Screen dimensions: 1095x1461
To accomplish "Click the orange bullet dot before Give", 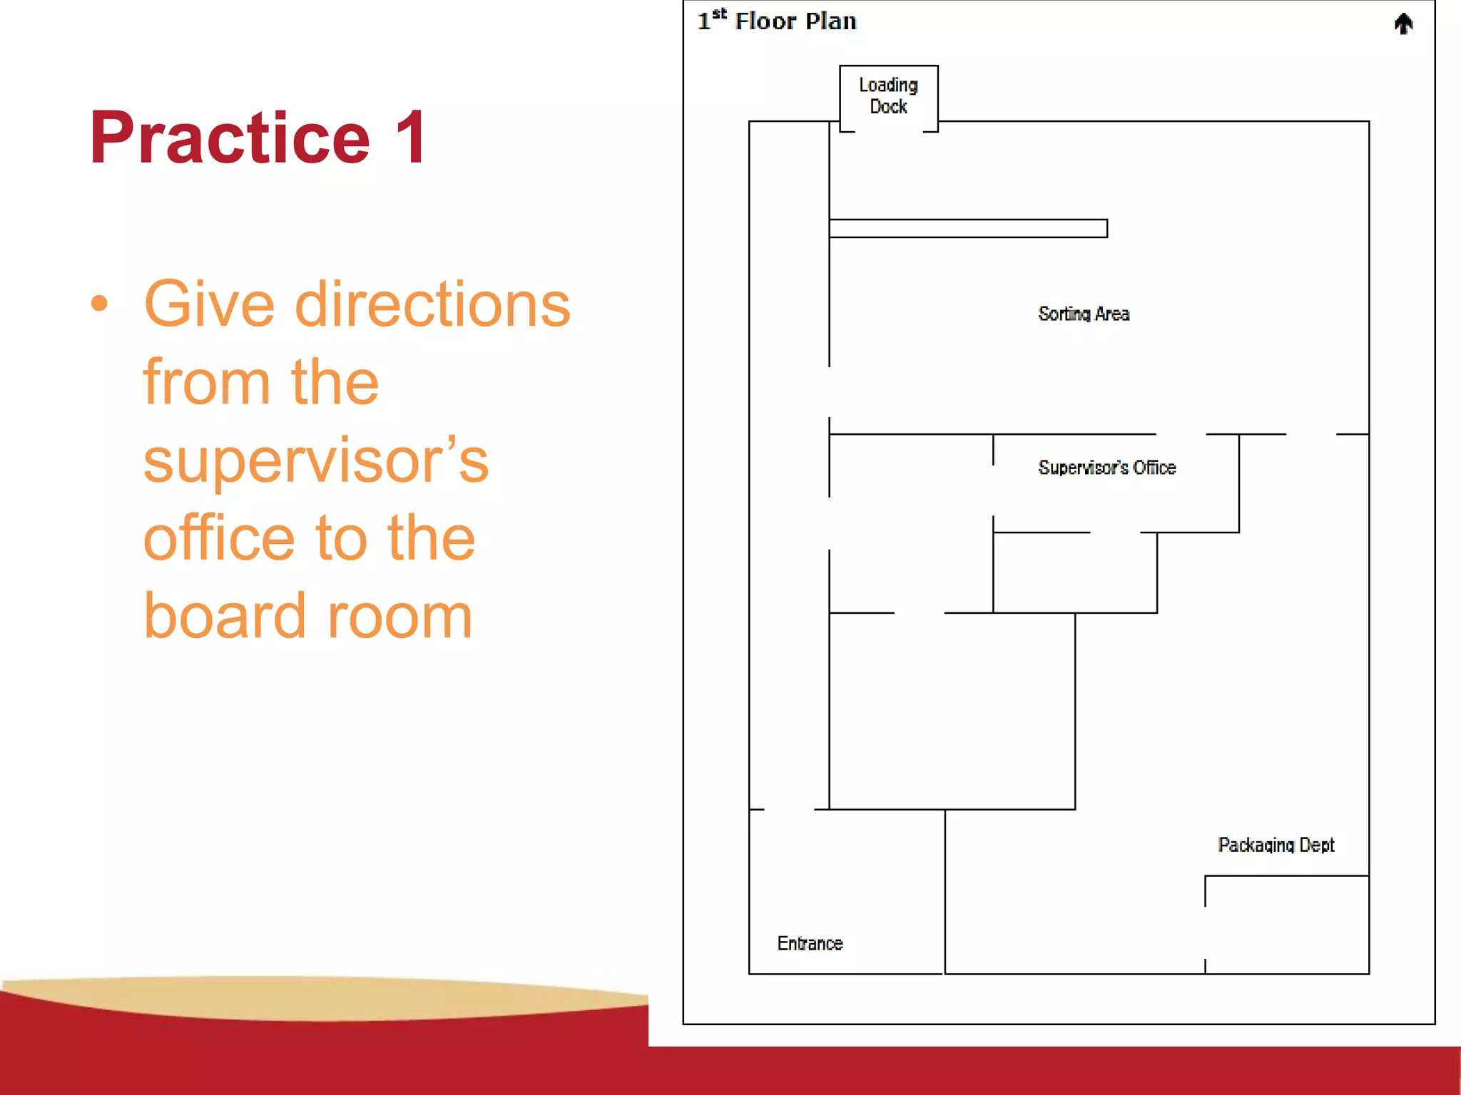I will coord(100,304).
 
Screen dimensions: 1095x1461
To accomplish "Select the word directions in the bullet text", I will coord(432,305).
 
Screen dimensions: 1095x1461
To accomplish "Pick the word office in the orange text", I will coord(219,538).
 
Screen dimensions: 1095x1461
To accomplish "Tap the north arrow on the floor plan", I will coord(1403,24).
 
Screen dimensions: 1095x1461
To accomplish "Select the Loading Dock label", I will coord(888,96).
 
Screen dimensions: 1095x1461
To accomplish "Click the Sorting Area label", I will coord(1084,314).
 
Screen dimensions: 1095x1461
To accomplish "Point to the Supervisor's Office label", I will coord(1106,468).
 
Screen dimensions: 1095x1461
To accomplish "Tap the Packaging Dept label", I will coord(1276,845).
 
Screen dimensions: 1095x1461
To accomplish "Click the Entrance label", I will coord(810,943).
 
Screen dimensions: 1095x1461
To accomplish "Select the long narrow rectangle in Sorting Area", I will coord(968,228).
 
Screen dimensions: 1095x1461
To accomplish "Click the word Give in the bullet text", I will coord(209,305).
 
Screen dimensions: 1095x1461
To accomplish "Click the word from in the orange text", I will coord(206,383).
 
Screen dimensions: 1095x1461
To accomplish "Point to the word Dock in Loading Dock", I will coord(888,107).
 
